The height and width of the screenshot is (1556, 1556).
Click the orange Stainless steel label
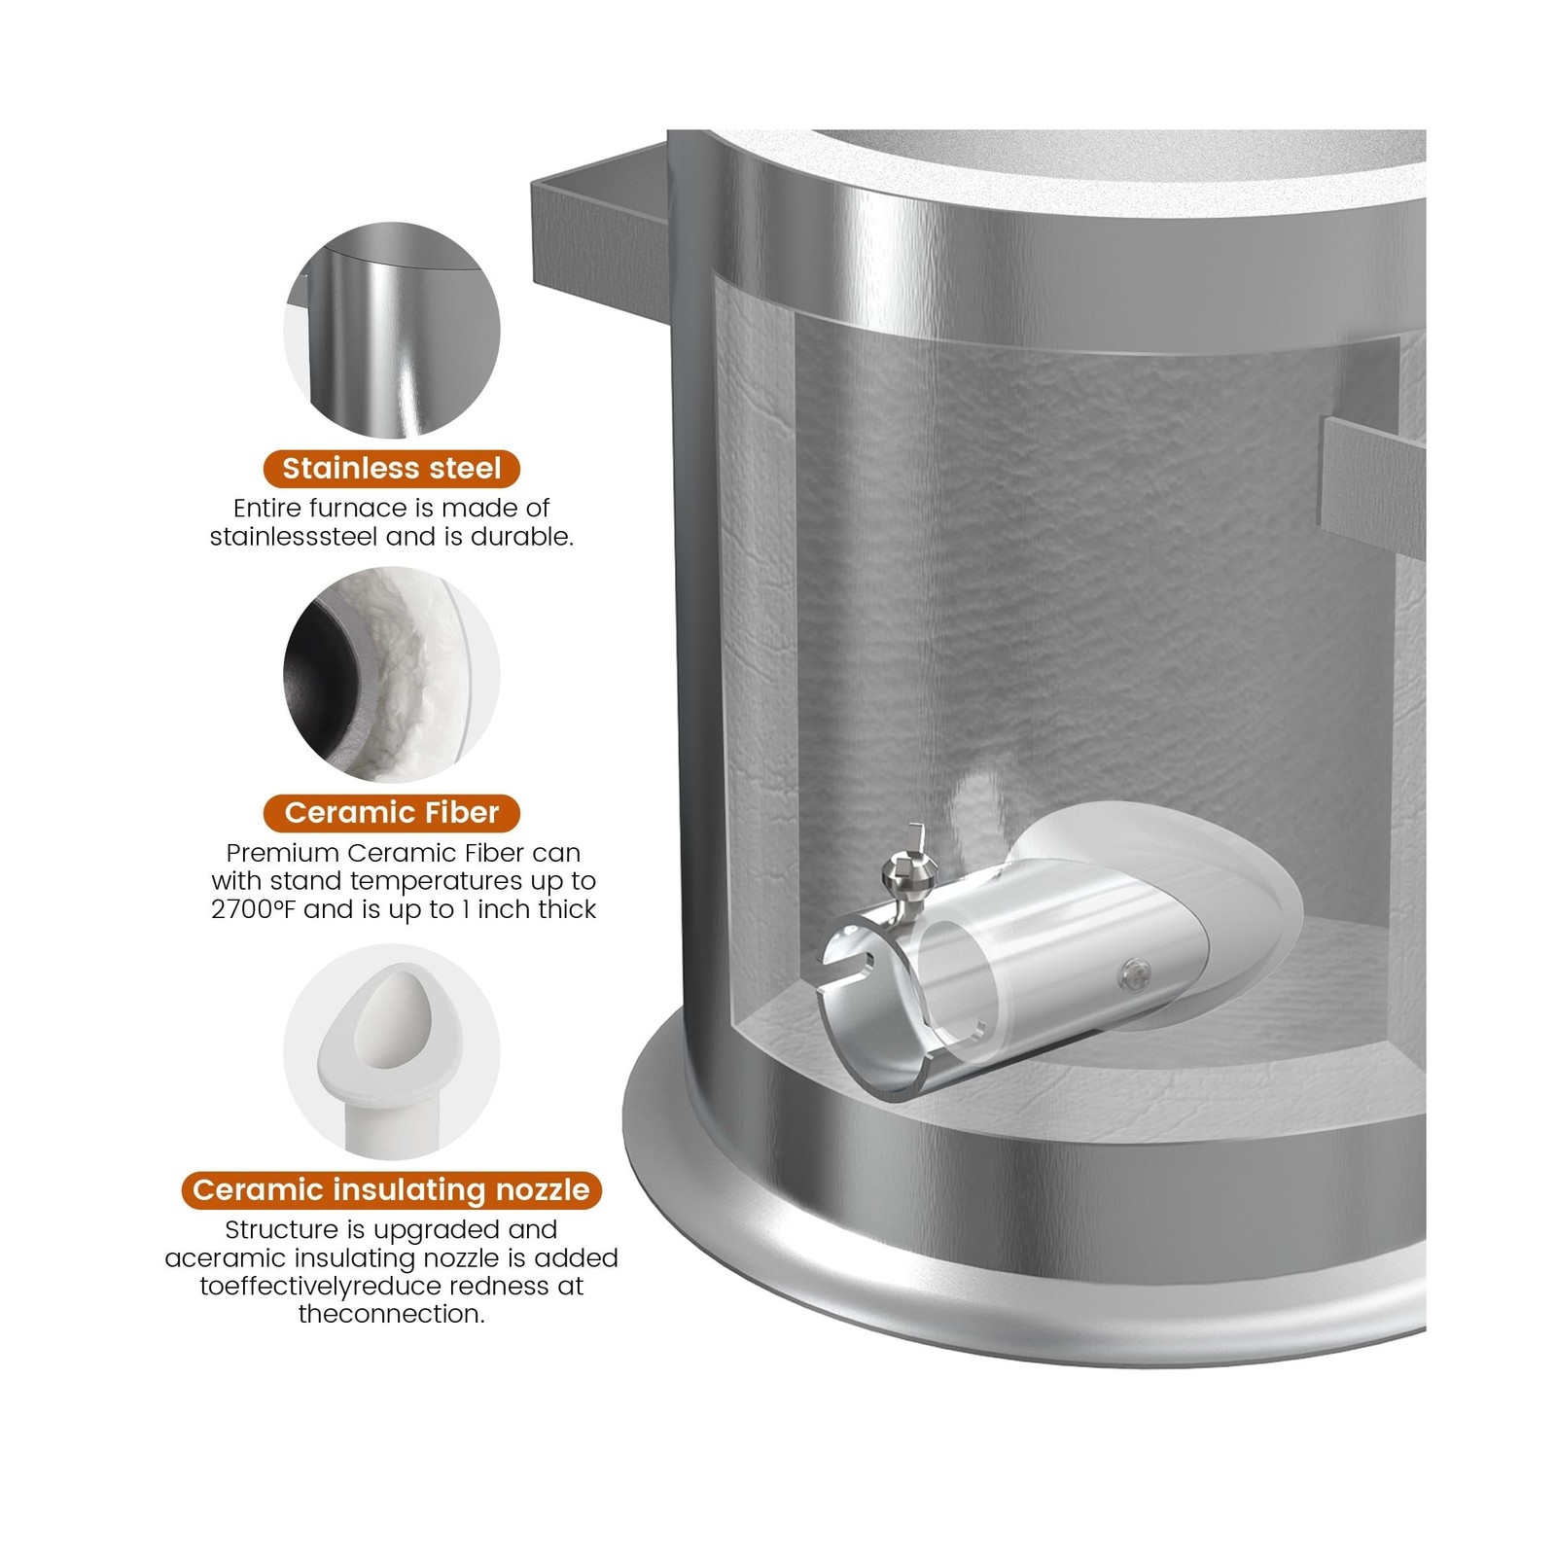point(391,469)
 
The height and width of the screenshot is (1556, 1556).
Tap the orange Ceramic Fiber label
point(391,812)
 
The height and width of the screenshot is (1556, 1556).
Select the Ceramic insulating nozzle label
point(391,1189)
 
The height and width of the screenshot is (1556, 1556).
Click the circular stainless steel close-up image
point(391,331)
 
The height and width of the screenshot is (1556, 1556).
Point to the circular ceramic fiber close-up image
point(391,674)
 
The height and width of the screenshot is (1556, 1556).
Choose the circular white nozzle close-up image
point(391,1051)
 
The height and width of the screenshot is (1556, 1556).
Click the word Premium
point(283,853)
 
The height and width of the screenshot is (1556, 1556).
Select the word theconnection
point(391,1314)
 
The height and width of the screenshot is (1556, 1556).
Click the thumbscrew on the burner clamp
point(902,868)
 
